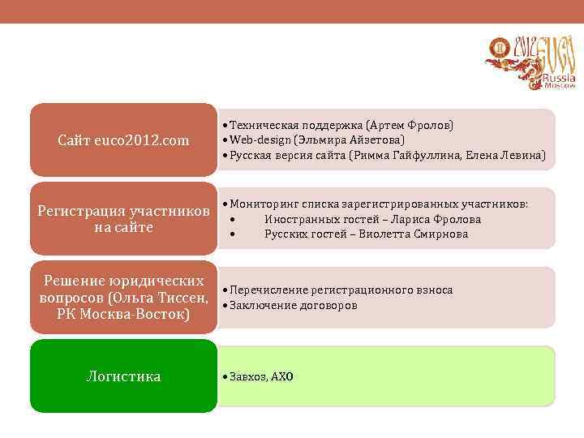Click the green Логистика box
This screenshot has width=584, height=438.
123,376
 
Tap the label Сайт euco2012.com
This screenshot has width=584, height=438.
123,141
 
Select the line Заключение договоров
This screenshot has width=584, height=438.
294,305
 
